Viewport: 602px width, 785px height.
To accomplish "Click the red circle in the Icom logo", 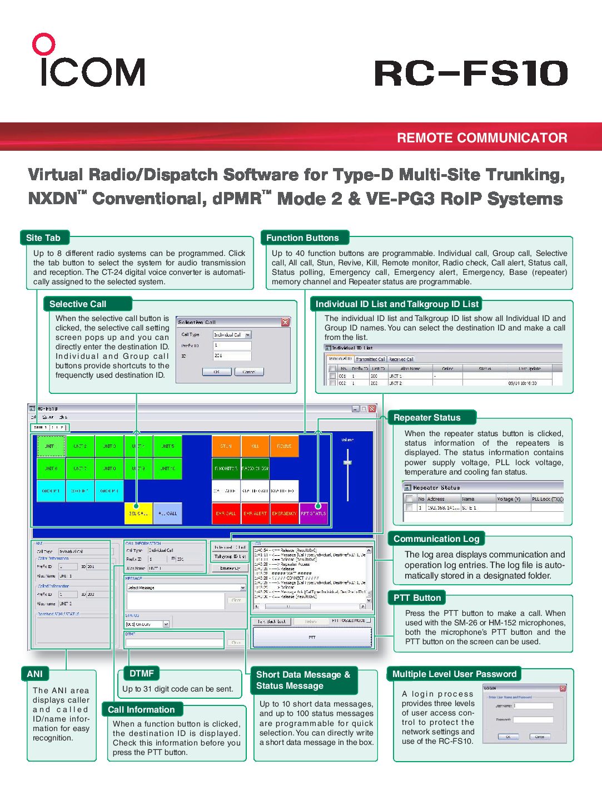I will [x=43, y=45].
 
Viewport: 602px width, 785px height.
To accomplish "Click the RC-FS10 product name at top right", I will [x=471, y=73].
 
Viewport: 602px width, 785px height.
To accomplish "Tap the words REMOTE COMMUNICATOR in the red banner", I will [x=482, y=138].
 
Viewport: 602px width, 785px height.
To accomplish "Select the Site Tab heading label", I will [x=43, y=238].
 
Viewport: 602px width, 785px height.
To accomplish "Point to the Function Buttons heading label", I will [x=302, y=238].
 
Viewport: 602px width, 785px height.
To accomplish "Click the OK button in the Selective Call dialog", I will [x=216, y=372].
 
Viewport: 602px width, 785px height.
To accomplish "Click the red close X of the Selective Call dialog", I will [x=285, y=322].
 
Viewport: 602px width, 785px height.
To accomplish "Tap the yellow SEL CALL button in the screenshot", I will [x=138, y=514].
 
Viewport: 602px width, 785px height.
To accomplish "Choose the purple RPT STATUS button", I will [x=314, y=514].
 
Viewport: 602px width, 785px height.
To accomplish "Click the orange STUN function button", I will [x=226, y=446].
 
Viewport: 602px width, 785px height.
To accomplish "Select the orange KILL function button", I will [x=255, y=446].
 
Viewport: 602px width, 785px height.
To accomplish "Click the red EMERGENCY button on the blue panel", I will [x=284, y=514].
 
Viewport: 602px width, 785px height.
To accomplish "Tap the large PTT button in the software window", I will [x=312, y=638].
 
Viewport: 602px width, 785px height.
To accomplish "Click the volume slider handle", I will [x=347, y=462].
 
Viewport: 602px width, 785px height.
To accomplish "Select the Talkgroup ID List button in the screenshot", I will [x=230, y=556].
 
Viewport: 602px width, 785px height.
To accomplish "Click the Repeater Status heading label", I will [x=427, y=418].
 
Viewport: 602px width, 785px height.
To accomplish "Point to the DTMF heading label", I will [x=141, y=674].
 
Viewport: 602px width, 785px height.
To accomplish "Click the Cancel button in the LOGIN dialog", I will [x=540, y=737].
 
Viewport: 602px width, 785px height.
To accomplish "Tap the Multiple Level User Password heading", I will [x=454, y=674].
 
